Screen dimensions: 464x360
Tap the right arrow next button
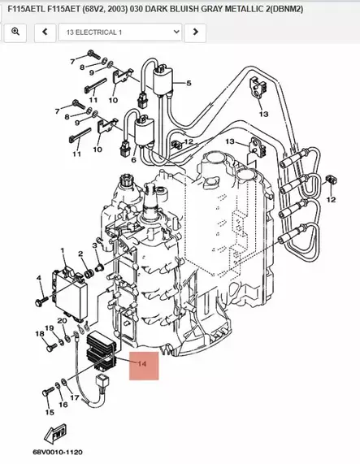194,32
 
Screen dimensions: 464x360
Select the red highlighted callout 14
141,364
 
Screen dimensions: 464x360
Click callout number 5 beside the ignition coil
188,84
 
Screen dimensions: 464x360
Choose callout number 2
80,254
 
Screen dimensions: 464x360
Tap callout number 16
63,404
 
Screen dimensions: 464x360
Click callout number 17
74,398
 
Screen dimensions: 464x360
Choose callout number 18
39,334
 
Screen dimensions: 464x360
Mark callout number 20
62,322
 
